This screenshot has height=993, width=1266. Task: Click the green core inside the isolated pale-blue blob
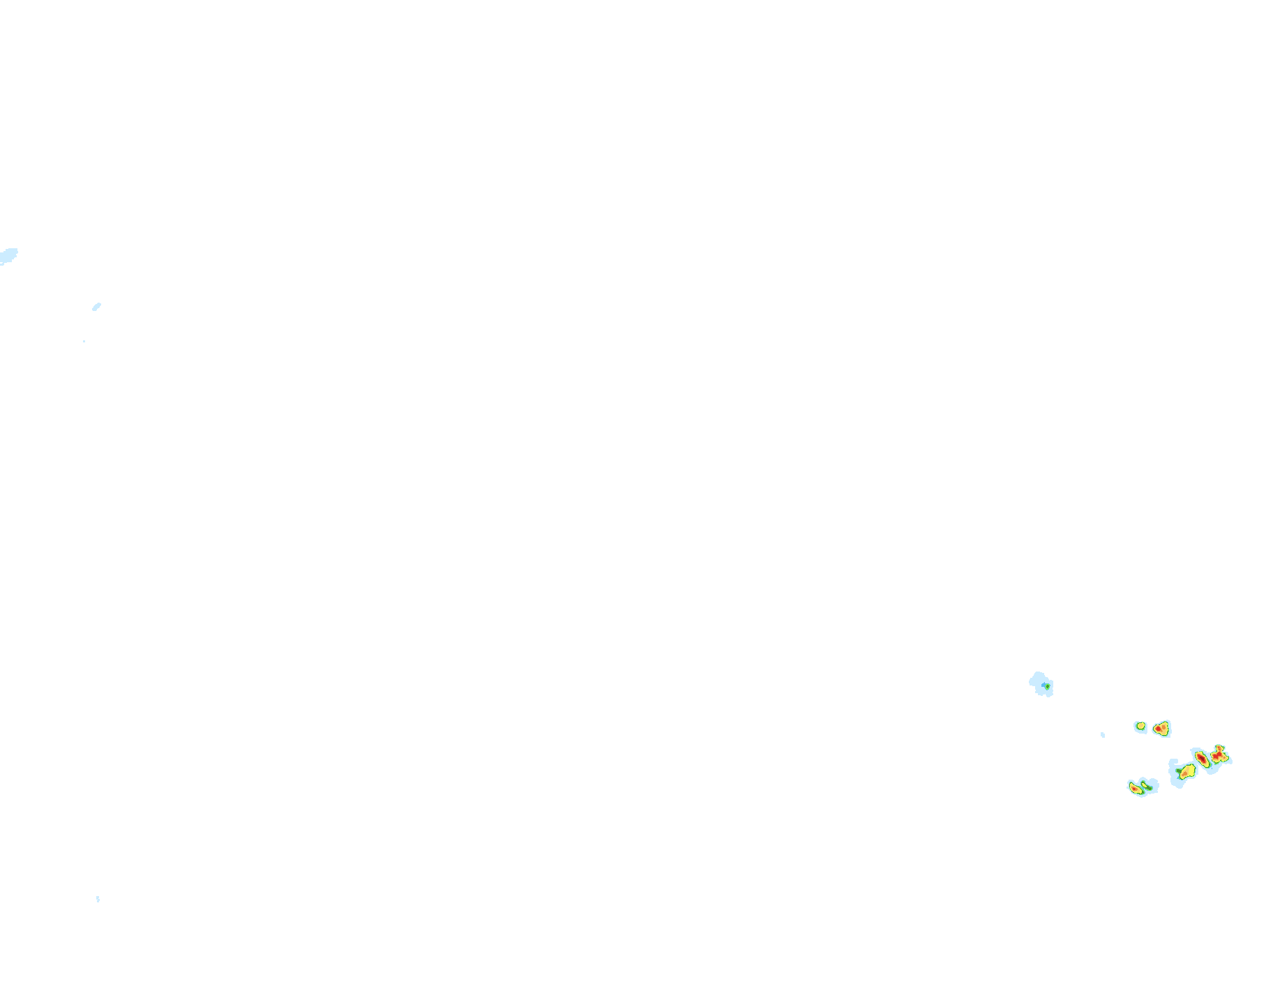coord(1048,686)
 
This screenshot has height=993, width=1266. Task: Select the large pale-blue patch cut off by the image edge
coord(8,255)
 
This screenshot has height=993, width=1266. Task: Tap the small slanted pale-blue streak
coord(96,306)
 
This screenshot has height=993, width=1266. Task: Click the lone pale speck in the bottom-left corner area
coord(98,899)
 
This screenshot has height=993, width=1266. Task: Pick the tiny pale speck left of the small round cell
coord(1103,734)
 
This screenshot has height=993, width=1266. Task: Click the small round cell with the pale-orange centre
coord(1140,726)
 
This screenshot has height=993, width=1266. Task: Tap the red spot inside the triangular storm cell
coord(1158,729)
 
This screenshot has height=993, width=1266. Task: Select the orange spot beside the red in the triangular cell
coord(1163,727)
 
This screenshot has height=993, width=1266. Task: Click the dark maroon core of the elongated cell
coord(1202,758)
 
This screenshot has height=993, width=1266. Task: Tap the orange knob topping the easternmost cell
coord(1219,748)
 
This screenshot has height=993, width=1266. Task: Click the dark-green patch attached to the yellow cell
coord(1179,771)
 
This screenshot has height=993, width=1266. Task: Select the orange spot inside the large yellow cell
coord(1185,773)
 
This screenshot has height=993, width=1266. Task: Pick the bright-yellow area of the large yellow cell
coord(1191,769)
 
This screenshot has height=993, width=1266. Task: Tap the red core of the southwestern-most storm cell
coord(1134,789)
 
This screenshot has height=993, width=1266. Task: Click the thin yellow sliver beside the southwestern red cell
coord(1144,785)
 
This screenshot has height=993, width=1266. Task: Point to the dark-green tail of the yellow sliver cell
coord(1149,789)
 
